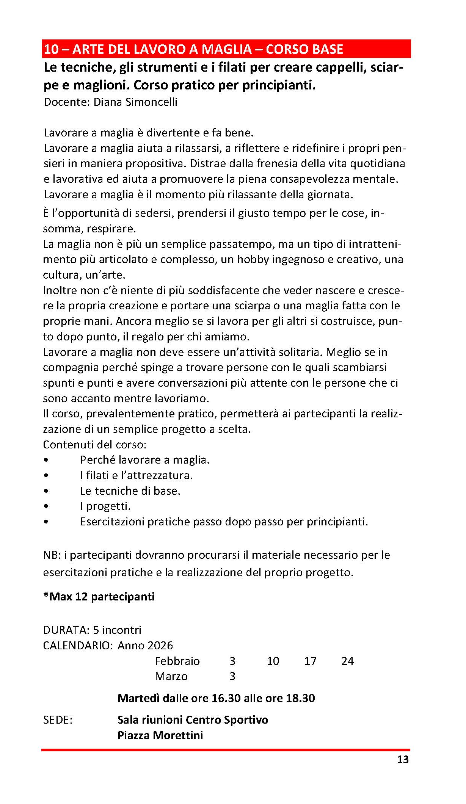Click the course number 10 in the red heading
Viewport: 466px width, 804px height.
(51, 49)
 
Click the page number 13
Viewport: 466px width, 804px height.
(403, 759)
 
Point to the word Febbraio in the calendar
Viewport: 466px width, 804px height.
(177, 661)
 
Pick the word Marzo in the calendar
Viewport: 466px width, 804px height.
(171, 676)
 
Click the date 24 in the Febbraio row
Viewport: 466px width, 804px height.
(347, 661)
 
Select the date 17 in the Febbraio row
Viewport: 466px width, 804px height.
(310, 661)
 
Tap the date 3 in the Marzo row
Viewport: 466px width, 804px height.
(232, 676)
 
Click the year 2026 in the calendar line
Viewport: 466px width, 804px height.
(158, 646)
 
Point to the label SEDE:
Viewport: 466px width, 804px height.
(58, 720)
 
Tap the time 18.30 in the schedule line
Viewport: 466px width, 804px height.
(300, 698)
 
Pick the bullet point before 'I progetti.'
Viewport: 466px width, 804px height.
(46, 506)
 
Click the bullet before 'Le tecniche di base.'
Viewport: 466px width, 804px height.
(46, 491)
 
